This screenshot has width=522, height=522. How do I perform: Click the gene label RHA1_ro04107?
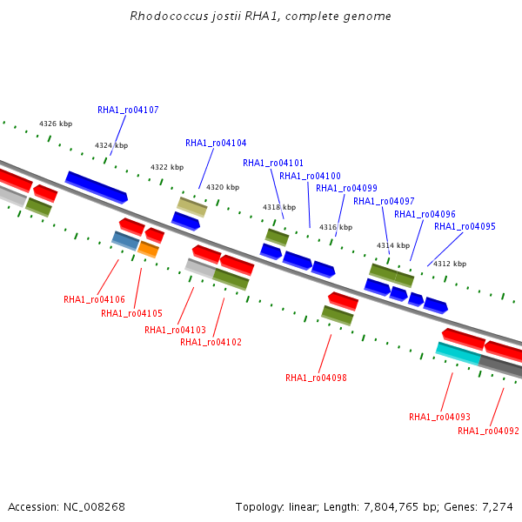(128, 110)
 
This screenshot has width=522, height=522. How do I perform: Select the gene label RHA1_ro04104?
(216, 144)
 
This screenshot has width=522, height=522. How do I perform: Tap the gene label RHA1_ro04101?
(273, 164)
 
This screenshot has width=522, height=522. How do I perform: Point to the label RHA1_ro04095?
(465, 227)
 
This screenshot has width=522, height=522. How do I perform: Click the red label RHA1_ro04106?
(94, 300)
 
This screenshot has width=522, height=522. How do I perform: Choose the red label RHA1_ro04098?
(316, 378)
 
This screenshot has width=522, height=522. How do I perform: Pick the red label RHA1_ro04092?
(488, 432)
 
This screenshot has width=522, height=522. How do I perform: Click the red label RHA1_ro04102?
(211, 343)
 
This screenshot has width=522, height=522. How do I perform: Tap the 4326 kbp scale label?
(56, 124)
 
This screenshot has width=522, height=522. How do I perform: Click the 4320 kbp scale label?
(222, 188)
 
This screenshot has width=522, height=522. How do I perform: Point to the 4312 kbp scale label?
(450, 264)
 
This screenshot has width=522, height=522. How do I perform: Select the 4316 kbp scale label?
(336, 228)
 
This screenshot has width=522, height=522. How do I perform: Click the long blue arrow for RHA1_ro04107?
(97, 186)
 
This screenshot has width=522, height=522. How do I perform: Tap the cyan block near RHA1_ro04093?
(458, 353)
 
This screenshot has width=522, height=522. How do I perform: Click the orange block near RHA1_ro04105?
(148, 251)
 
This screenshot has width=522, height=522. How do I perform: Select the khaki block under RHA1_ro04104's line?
(191, 207)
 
